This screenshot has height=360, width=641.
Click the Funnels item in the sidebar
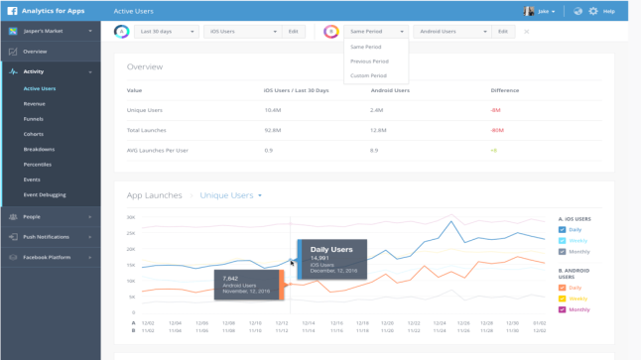[x=33, y=119]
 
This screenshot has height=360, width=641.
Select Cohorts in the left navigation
[x=33, y=134]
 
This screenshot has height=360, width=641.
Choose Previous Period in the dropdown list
[x=368, y=61]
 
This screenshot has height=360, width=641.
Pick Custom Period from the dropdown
[x=368, y=75]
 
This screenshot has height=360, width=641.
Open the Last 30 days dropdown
[x=167, y=32]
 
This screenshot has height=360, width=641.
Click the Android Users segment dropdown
[x=452, y=32]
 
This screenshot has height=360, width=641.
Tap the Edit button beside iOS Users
[x=293, y=32]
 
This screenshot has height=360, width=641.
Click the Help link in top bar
[x=609, y=12]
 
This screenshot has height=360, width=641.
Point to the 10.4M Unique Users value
[x=273, y=110]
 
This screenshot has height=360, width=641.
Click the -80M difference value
[x=497, y=130]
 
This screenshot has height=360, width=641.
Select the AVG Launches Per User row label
[x=157, y=150]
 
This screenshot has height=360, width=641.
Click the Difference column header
[x=504, y=90]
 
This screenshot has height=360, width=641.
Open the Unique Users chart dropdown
[x=231, y=195]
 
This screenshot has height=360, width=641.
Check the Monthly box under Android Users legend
[x=563, y=309]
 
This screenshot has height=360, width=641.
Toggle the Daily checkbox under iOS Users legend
[x=563, y=229]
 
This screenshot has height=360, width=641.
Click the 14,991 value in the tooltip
[x=319, y=258]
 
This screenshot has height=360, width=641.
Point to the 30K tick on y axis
[x=131, y=217]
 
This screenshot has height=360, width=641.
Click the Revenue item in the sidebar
[x=34, y=104]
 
